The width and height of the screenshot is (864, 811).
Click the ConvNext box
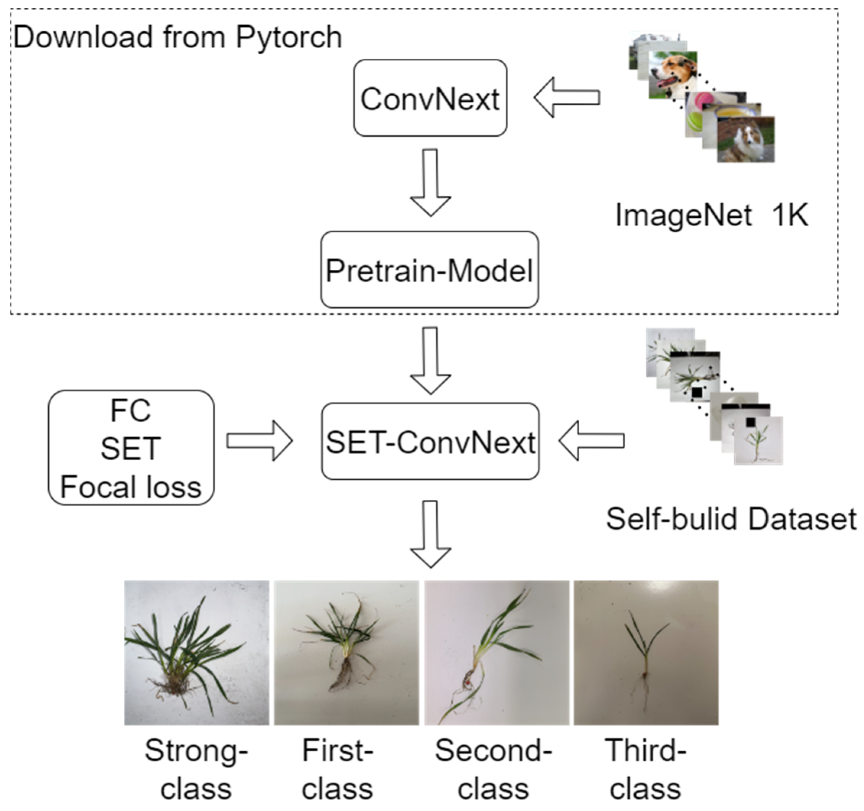[x=430, y=98]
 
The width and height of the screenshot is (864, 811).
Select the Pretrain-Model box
[x=429, y=270]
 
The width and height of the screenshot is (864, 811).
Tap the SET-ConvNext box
[x=430, y=441]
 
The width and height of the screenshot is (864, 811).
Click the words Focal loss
[x=131, y=487]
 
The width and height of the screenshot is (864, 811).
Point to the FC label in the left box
[x=130, y=410]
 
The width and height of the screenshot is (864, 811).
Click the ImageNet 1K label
[x=711, y=215]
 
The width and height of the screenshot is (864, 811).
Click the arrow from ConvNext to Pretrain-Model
[x=430, y=183]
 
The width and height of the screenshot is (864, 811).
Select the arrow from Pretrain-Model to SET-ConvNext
[x=430, y=360]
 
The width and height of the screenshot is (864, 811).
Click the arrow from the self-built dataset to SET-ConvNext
[x=591, y=440]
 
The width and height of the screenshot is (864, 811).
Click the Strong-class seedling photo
[x=197, y=652]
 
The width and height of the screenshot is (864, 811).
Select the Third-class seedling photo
[x=646, y=652]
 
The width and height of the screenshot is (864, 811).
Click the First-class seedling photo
[x=346, y=652]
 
